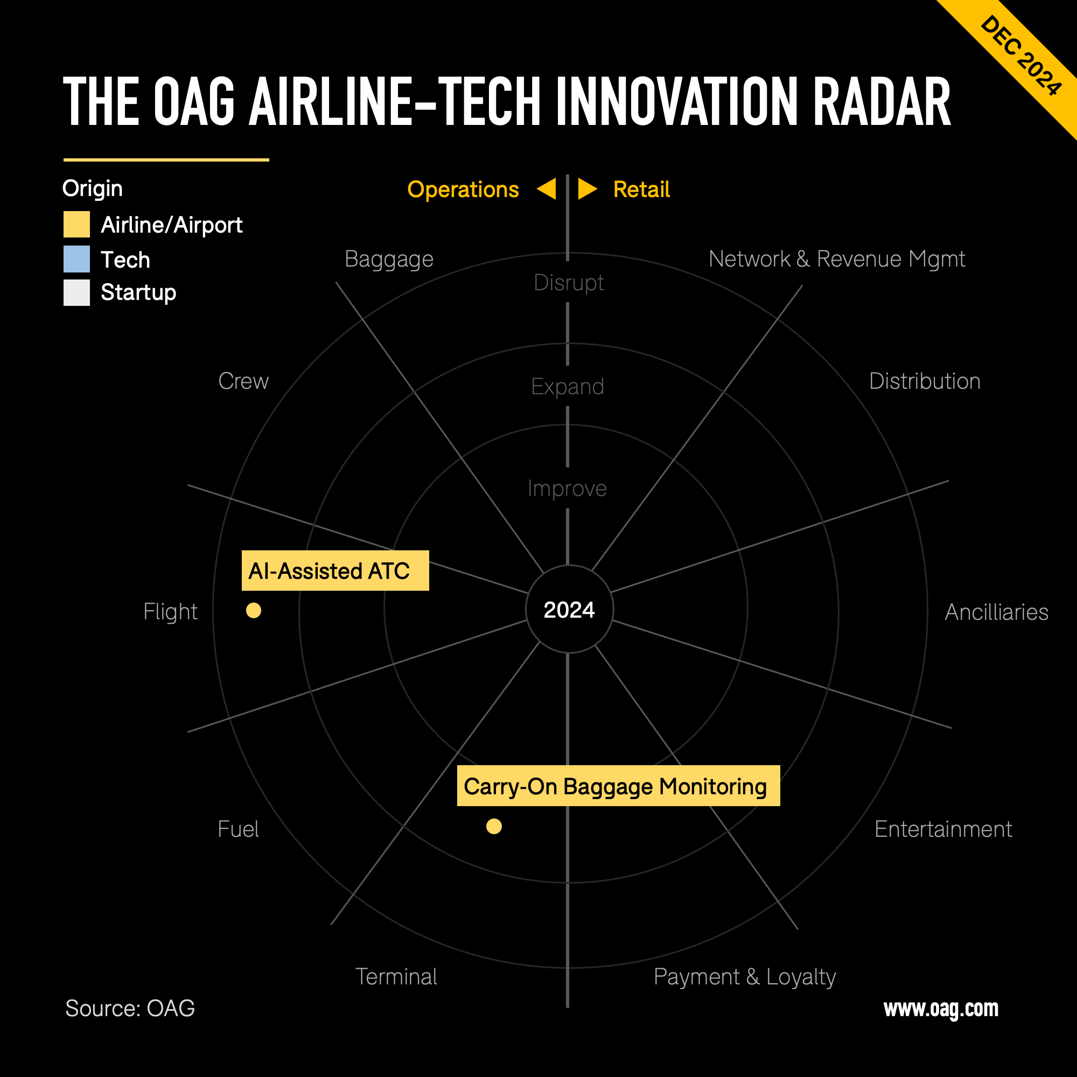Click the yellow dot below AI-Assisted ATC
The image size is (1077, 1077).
(x=254, y=611)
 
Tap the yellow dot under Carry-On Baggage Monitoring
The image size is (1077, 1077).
(x=494, y=826)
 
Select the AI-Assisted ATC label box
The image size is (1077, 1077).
(x=335, y=571)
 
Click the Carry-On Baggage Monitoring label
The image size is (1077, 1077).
(x=618, y=786)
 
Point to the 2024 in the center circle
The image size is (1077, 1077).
(x=569, y=610)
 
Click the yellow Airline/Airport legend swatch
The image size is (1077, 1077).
(x=76, y=225)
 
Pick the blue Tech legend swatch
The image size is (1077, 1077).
(x=76, y=259)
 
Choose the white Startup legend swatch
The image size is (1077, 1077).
(x=76, y=292)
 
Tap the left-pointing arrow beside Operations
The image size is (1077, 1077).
(x=548, y=189)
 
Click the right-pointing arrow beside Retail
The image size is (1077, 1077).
(x=586, y=189)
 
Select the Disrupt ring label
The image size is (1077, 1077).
(x=569, y=283)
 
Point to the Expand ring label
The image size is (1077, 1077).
(x=568, y=387)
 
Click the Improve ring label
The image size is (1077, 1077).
(x=567, y=488)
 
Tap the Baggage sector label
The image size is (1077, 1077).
(x=389, y=259)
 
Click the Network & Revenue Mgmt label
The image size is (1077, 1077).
(x=837, y=259)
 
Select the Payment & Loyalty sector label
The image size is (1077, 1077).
(x=745, y=977)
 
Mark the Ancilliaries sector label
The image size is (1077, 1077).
(x=996, y=612)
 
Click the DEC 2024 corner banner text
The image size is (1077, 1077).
(x=1020, y=56)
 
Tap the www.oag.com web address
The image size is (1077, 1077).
(x=941, y=1009)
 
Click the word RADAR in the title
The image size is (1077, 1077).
(x=882, y=102)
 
